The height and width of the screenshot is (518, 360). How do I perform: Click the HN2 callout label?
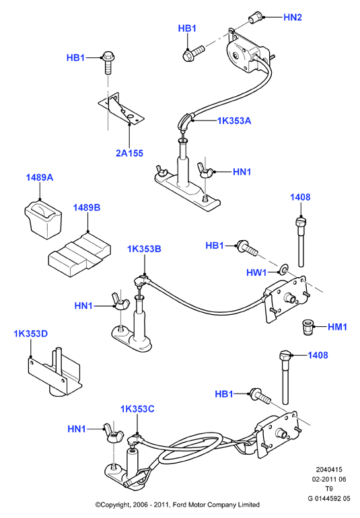click(x=293, y=17)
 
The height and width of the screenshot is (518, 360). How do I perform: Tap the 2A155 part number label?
click(x=129, y=153)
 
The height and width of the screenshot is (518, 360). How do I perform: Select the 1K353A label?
click(x=234, y=121)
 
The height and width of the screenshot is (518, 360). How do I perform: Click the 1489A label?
click(x=39, y=178)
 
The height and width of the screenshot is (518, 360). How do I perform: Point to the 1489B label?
click(x=87, y=208)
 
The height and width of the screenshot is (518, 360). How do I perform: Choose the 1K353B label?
click(x=144, y=249)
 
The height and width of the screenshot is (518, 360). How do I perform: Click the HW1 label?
click(x=256, y=272)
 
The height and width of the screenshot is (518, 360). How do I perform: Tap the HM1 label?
click(x=337, y=327)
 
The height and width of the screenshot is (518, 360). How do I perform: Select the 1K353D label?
click(x=31, y=334)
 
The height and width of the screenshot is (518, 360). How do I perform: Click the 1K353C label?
click(x=137, y=409)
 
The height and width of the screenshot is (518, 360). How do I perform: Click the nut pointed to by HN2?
click(x=256, y=17)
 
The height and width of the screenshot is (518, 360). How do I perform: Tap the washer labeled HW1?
click(x=284, y=270)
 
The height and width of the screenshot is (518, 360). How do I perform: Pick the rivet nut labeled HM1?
click(x=308, y=327)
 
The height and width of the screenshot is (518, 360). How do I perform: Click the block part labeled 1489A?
click(x=42, y=219)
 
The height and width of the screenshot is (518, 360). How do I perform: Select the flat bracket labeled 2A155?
click(x=121, y=109)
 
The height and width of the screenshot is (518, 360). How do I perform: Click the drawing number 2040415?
click(x=329, y=470)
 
